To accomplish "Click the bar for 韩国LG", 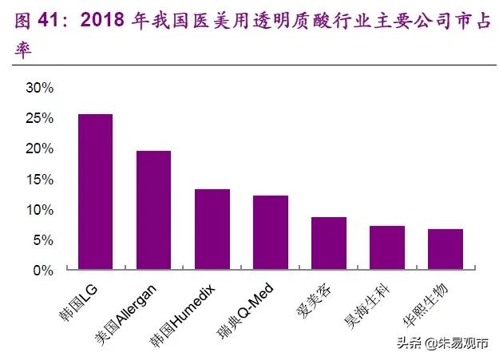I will point(95,192).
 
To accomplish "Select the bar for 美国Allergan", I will point(153,211).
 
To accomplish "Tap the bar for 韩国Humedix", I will point(212,230).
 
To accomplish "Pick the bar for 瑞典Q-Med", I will point(271,233).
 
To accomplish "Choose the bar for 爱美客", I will point(329,243).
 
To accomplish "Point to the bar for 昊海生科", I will point(387,248).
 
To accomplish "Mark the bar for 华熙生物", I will point(446,250).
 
